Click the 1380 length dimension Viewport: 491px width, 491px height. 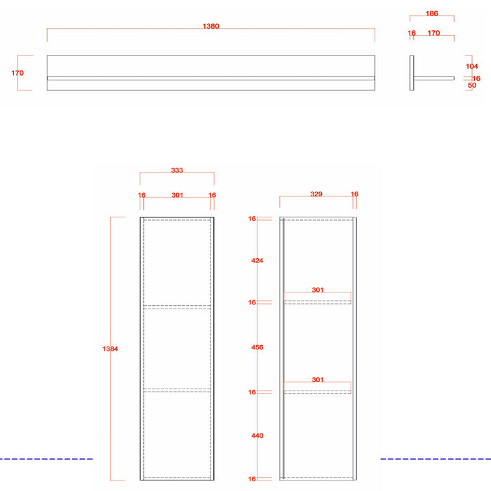[x=210, y=26]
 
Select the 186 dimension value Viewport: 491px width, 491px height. [x=431, y=13]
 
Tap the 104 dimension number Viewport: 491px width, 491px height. [x=471, y=66]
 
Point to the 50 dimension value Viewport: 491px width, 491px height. [x=472, y=85]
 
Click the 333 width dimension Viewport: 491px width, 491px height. [x=177, y=170]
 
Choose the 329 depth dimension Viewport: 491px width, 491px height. [x=316, y=194]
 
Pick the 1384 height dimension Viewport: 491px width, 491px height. [x=110, y=349]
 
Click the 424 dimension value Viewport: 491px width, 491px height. [x=257, y=260]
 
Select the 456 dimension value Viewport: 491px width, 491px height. [x=257, y=347]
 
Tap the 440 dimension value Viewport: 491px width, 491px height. [x=257, y=436]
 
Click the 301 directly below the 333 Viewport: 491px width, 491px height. [x=177, y=195]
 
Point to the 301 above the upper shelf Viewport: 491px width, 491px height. [x=318, y=290]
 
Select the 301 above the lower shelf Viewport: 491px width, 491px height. [x=318, y=379]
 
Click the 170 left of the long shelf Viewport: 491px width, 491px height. [x=18, y=73]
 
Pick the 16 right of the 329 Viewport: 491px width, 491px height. [x=354, y=194]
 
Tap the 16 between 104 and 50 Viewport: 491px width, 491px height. [x=476, y=79]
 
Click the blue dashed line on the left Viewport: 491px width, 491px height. [x=46, y=459]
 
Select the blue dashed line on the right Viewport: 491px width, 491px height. [x=436, y=459]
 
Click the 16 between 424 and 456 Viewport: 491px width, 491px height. [x=252, y=302]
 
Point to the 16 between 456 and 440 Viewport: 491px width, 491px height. [x=252, y=392]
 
